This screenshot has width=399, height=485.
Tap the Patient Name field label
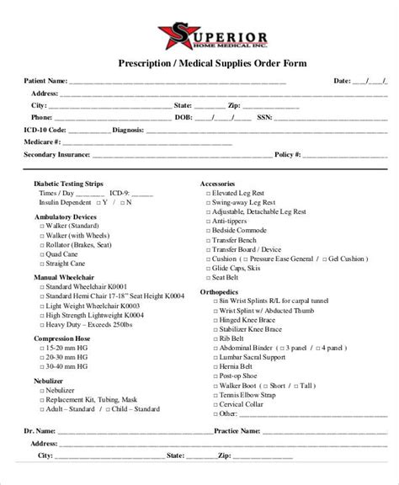[x=45, y=82]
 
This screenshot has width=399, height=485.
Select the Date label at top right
[x=342, y=82]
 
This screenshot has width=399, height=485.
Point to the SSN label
[x=267, y=118]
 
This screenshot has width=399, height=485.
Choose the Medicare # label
[x=43, y=143]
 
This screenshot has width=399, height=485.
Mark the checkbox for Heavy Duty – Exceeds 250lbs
[x=42, y=324]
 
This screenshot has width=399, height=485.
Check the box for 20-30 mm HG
[x=42, y=357]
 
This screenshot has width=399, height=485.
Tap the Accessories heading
[x=216, y=183]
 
